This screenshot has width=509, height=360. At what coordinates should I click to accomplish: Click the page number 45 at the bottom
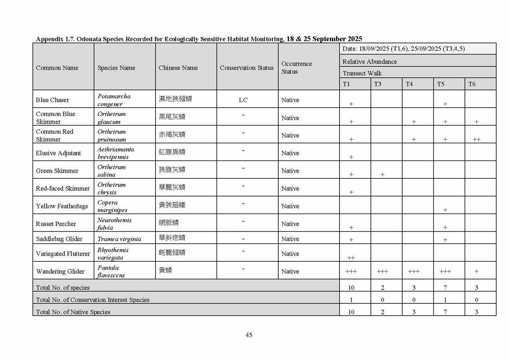pyautogui.click(x=249, y=335)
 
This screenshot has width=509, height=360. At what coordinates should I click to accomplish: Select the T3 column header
pyautogui.click(x=378, y=84)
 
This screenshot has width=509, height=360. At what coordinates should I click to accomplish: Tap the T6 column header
pyautogui.click(x=472, y=84)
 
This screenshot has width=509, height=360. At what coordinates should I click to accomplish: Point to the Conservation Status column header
pyautogui.click(x=247, y=68)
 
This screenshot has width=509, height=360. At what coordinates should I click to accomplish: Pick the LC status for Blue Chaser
pyautogui.click(x=243, y=100)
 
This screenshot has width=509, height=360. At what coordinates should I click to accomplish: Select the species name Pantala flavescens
pyautogui.click(x=111, y=272)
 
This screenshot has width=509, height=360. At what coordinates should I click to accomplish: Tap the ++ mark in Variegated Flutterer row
pyautogui.click(x=351, y=258)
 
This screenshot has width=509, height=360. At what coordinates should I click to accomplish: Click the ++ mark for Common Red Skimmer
pyautogui.click(x=476, y=139)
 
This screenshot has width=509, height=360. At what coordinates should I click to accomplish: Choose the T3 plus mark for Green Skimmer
pyautogui.click(x=383, y=175)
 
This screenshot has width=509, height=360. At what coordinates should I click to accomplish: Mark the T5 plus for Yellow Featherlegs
pyautogui.click(x=445, y=210)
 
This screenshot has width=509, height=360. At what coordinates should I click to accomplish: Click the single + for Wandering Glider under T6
pyautogui.click(x=476, y=271)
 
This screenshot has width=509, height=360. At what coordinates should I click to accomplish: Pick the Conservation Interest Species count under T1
pyautogui.click(x=351, y=300)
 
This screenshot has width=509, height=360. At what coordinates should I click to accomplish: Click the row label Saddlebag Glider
pyautogui.click(x=59, y=239)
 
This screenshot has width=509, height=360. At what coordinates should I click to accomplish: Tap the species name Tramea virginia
pyautogui.click(x=119, y=239)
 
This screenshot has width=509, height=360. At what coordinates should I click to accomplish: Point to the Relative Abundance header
pyautogui.click(x=369, y=62)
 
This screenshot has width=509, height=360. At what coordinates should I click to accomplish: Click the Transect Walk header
pyautogui.click(x=362, y=73)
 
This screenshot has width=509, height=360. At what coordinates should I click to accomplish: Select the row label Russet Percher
pyautogui.click(x=56, y=224)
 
